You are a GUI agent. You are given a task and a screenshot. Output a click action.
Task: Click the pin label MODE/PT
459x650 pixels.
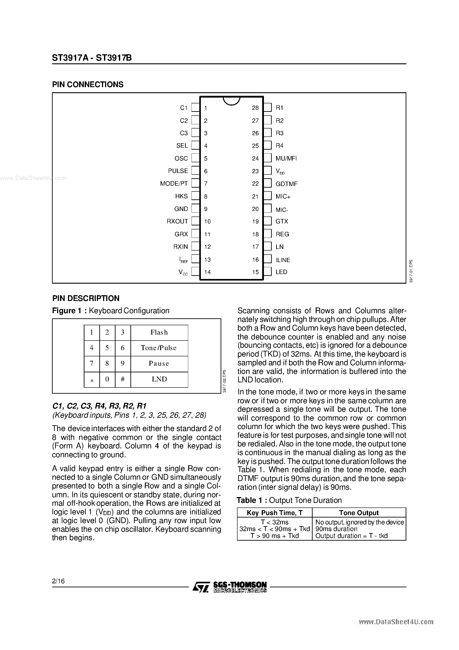[x=174, y=183]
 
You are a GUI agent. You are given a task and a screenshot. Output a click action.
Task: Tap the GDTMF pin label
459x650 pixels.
[x=286, y=184]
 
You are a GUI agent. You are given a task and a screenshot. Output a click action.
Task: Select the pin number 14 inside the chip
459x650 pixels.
[x=208, y=272]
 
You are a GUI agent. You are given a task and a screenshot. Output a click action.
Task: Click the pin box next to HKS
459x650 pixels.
[x=195, y=196]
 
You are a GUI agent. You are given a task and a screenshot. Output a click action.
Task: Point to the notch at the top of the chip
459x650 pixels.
[x=231, y=101]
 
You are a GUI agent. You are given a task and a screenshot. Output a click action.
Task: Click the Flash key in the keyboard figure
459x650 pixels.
[x=159, y=332]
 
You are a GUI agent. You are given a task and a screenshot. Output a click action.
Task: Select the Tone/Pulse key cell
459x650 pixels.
[x=159, y=348]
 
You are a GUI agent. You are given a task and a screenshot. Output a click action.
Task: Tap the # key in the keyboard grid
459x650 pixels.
[x=123, y=379]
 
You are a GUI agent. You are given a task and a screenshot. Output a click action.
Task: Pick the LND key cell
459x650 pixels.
[x=159, y=379]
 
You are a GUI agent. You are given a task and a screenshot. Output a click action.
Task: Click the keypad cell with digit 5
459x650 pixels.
[x=107, y=348]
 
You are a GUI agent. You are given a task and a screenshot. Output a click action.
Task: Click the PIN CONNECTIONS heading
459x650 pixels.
[x=88, y=85]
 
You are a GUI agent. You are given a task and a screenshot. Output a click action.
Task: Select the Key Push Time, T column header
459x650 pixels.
[x=275, y=513]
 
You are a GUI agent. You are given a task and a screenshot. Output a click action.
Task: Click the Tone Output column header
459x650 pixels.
[x=359, y=513]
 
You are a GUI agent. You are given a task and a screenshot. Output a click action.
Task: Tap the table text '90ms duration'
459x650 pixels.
[x=336, y=529]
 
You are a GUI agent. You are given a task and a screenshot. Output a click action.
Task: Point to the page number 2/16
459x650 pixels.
[x=58, y=581]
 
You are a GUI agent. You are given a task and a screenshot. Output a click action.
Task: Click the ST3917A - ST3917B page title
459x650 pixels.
[x=92, y=58]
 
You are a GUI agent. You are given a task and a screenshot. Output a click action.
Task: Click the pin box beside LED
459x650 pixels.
[x=268, y=272]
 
